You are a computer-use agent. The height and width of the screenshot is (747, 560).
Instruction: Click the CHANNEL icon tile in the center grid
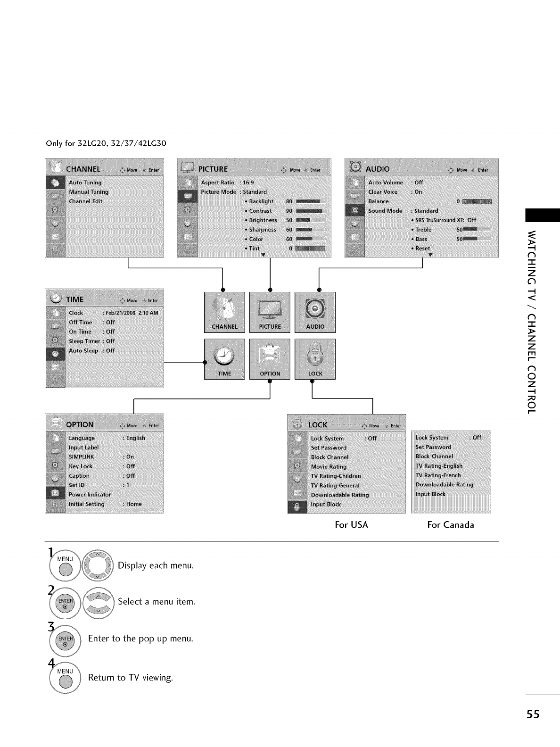tap(224, 312)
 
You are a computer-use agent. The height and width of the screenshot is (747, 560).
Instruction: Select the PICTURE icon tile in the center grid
tap(270, 312)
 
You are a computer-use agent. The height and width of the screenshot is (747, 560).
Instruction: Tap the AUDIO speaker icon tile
tap(315, 312)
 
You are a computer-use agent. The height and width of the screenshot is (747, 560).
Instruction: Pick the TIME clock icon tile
tap(224, 359)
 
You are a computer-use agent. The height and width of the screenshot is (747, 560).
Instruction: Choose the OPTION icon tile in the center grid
tap(270, 359)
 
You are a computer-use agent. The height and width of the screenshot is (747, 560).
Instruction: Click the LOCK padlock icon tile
tap(315, 359)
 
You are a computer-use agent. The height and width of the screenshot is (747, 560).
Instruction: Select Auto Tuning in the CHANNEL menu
tap(85, 183)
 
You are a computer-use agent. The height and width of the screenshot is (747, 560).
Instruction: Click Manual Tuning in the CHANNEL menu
tap(89, 192)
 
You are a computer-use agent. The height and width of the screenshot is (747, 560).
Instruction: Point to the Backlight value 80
tap(289, 201)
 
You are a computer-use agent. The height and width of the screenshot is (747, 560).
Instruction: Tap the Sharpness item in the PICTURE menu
tap(263, 230)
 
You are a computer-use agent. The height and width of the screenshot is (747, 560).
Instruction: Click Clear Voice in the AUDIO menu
tap(383, 192)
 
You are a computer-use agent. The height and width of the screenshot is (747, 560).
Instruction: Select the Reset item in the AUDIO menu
tap(422, 249)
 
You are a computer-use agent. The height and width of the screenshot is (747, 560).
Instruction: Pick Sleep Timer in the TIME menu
tap(85, 341)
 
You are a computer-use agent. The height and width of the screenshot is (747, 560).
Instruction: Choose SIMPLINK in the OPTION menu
tap(82, 456)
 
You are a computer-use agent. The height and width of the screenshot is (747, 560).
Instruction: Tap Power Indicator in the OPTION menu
tap(90, 494)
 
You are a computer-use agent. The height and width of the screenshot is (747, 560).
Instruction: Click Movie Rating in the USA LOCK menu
tap(329, 466)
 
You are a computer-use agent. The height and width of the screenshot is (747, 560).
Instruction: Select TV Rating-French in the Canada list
tap(438, 475)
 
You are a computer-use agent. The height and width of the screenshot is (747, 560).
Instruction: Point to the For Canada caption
tap(451, 525)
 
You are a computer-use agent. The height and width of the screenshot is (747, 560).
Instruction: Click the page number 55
tap(533, 714)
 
